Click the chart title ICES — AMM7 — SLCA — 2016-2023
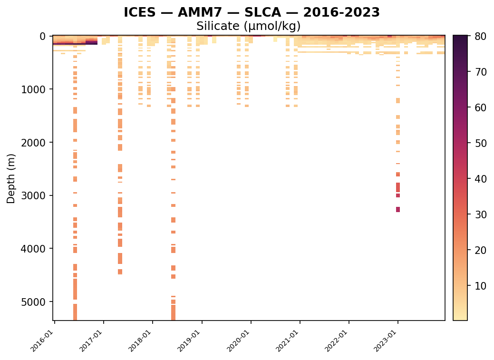[252, 13]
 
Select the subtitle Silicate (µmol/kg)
[248, 26]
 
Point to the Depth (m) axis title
[11, 179]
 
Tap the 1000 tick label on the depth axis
[33, 89]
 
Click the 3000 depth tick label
[33, 196]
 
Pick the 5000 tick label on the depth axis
[33, 302]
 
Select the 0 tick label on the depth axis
[42, 37]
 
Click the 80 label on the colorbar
[481, 37]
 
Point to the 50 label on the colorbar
[481, 144]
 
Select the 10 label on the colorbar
[481, 286]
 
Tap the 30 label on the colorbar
[481, 214]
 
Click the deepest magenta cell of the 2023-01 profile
[398, 210]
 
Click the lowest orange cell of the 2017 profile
[120, 272]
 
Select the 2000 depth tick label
[33, 143]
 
